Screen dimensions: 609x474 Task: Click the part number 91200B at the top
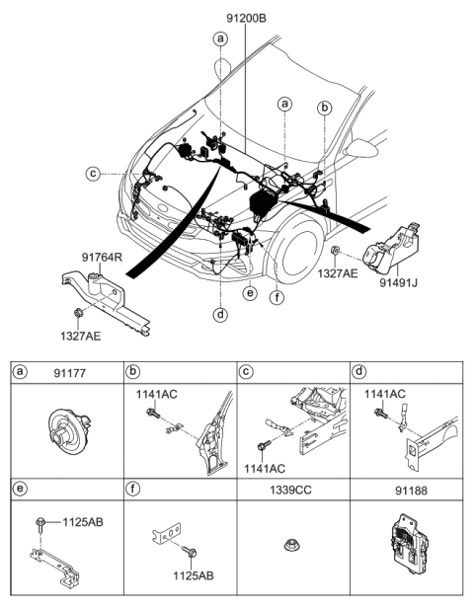pyautogui.click(x=242, y=17)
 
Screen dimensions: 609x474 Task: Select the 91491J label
pyautogui.click(x=399, y=282)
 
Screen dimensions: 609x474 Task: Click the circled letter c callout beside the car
pyautogui.click(x=93, y=174)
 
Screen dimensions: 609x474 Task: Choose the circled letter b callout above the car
pyautogui.click(x=324, y=108)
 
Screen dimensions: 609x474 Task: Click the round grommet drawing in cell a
pyautogui.click(x=67, y=431)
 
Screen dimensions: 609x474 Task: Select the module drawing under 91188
pyautogui.click(x=407, y=541)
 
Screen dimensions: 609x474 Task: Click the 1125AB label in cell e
pyautogui.click(x=82, y=520)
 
